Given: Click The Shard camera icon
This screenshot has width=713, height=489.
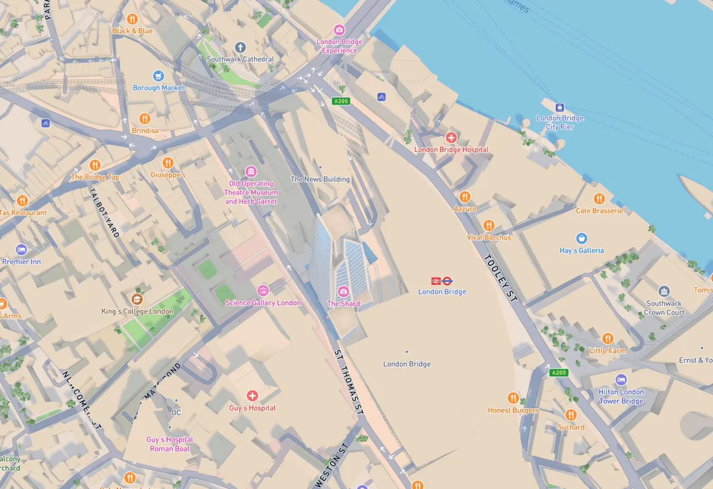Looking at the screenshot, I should click(x=343, y=291).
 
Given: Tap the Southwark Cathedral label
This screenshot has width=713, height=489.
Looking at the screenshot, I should click(x=240, y=59).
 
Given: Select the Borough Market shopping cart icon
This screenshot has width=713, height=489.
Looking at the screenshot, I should click(x=158, y=76).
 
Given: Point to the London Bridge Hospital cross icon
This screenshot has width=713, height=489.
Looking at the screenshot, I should click(x=451, y=137).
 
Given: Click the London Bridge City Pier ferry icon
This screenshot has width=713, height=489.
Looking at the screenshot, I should click(x=560, y=107).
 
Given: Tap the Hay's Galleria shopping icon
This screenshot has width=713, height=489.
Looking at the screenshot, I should click(x=582, y=238).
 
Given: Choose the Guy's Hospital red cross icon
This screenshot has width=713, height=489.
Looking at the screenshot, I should click(x=252, y=395).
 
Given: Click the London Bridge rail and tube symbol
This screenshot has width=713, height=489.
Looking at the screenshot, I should click(x=442, y=280).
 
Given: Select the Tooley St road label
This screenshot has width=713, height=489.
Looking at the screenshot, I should click(x=501, y=278).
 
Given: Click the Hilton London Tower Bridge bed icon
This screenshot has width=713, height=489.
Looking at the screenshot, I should click(x=621, y=379).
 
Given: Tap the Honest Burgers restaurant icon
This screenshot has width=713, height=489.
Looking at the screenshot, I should click(x=513, y=398).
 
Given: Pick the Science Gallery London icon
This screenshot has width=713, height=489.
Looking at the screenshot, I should click(x=263, y=290).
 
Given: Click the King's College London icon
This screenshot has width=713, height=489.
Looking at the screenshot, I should click(x=137, y=299).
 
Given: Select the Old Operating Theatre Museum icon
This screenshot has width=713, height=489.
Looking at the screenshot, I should click(x=251, y=172).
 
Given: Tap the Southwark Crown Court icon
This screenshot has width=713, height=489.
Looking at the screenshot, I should click(x=664, y=291).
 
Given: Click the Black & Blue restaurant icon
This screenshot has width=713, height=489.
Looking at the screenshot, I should click(x=132, y=19).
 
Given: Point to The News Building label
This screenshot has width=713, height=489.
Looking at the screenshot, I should click(x=320, y=179).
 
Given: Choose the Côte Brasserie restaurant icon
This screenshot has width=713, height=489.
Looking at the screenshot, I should click(x=599, y=199).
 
